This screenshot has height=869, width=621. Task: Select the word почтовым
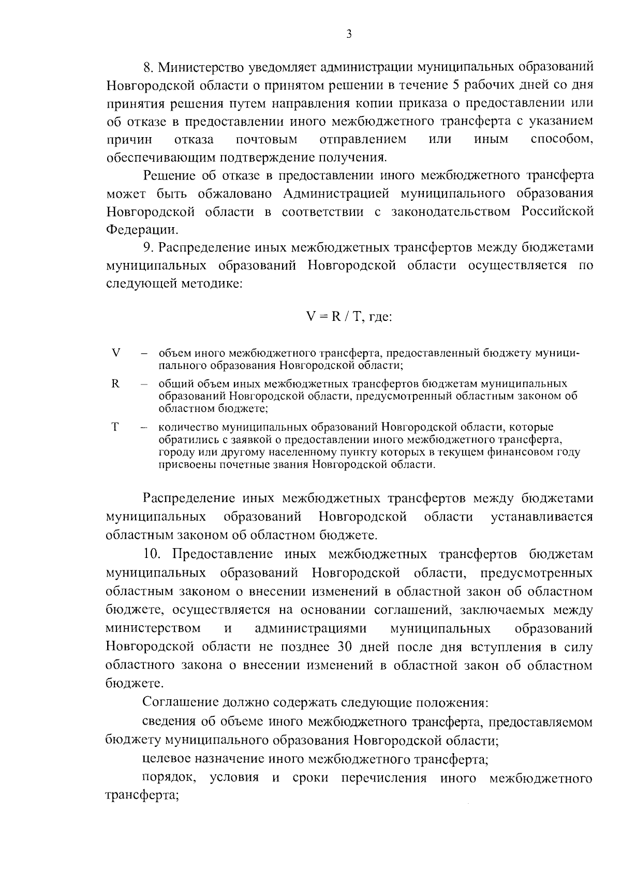click(x=267, y=139)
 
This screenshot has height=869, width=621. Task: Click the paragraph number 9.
click(x=149, y=248)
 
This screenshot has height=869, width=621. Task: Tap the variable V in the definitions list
click(x=116, y=353)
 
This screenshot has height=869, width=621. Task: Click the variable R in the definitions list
click(x=115, y=384)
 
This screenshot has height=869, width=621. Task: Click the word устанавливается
click(x=541, y=517)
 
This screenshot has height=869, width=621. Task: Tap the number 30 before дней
click(x=346, y=647)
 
